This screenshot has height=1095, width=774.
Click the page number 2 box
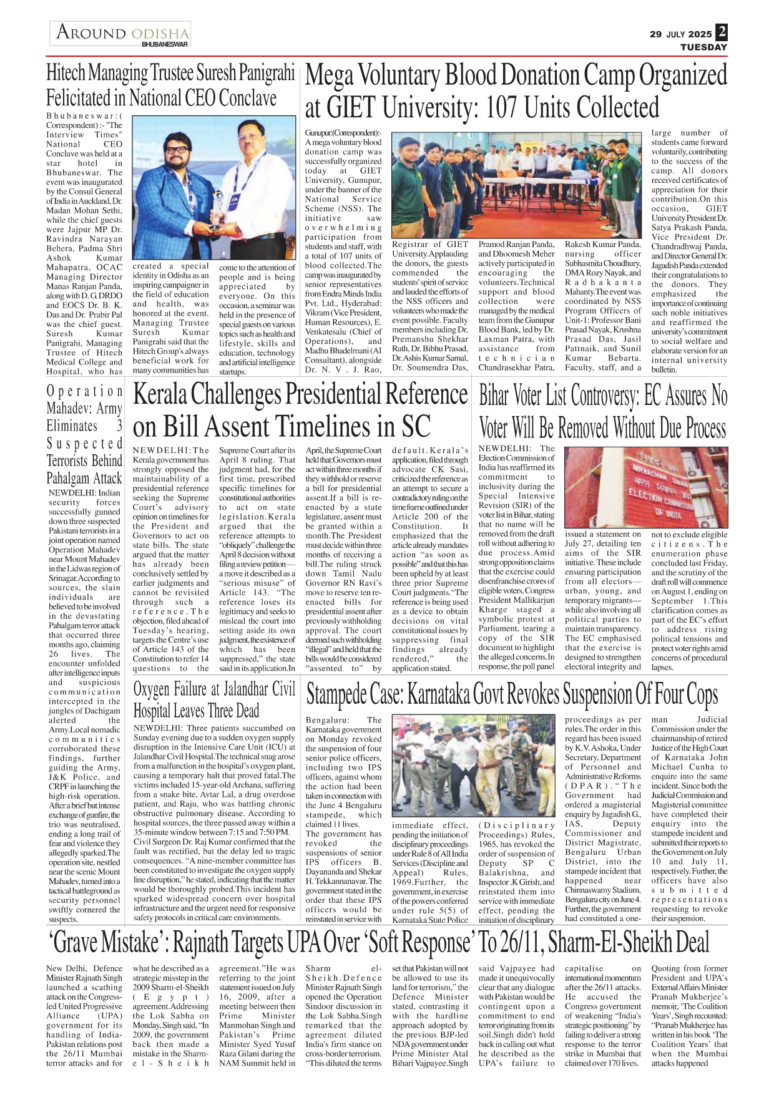click(722, 32)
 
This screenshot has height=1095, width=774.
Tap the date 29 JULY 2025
click(680, 34)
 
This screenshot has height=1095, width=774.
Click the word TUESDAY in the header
click(703, 47)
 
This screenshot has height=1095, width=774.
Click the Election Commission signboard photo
click(645, 487)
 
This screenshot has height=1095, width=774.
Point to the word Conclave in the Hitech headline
click(248, 98)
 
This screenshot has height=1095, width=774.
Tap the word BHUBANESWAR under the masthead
click(164, 45)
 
